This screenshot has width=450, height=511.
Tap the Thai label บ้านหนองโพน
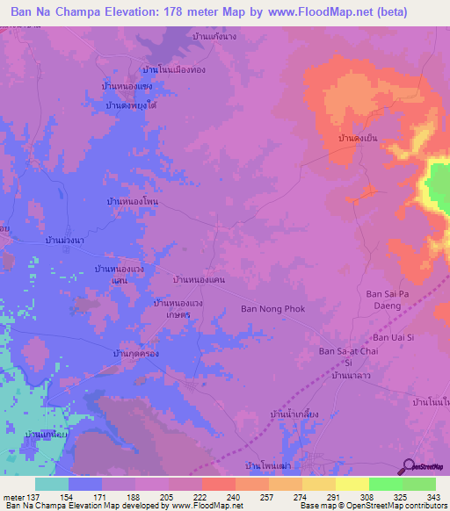click(x=131, y=202)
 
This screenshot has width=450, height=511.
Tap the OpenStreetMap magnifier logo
click(x=407, y=466)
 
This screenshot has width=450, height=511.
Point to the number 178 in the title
click(x=173, y=12)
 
